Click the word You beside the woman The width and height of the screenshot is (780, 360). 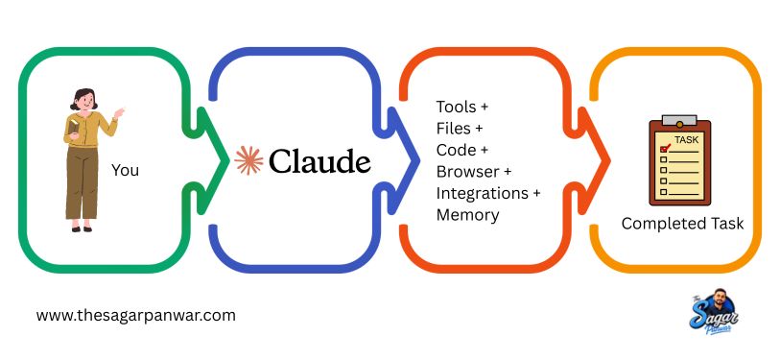click(125, 170)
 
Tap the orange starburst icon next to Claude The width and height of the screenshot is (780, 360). click(248, 160)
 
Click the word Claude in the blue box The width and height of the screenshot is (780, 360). click(320, 160)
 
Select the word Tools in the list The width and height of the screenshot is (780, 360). click(455, 107)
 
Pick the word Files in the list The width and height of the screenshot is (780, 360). click(453, 129)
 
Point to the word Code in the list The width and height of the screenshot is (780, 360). click(455, 150)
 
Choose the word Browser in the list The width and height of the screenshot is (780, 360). click(467, 171)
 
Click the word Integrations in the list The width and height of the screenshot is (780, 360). click(482, 193)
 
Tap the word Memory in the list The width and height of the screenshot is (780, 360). click(467, 215)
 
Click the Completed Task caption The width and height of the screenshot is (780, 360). click(682, 224)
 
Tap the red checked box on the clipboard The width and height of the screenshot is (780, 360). click(664, 149)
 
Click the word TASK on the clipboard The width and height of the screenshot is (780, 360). click(687, 140)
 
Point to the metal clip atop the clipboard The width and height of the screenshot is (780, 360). click(679, 121)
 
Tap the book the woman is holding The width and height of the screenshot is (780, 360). click(73, 127)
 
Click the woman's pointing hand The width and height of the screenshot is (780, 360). click(118, 113)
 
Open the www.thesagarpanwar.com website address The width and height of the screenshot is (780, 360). click(136, 316)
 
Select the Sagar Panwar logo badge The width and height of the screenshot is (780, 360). click(714, 311)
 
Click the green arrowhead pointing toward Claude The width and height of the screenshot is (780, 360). click(213, 160)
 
